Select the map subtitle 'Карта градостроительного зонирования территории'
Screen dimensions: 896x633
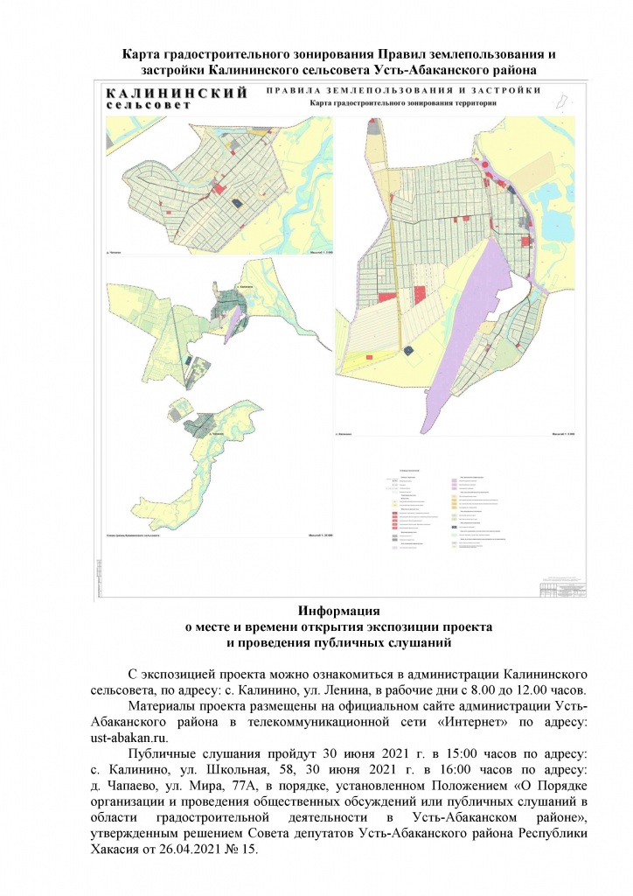pyautogui.click(x=403, y=102)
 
